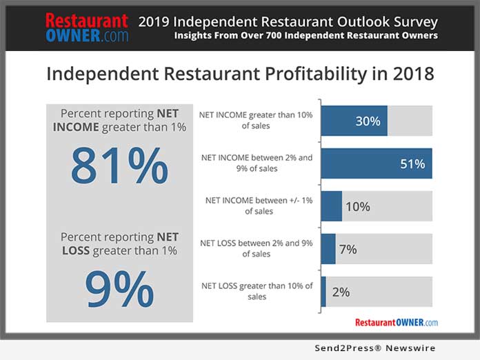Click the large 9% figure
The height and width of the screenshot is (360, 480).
[119, 288]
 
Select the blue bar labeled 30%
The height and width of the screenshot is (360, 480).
[354, 121]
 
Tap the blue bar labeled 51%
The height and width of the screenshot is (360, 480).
[376, 163]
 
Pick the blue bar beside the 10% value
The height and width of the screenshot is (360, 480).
[331, 206]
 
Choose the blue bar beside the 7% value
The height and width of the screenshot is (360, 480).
[328, 249]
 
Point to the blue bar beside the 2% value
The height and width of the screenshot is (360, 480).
[323, 292]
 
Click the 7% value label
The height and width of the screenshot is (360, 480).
[348, 249]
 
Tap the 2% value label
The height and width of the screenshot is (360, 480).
[341, 292]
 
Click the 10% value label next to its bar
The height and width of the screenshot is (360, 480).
[357, 206]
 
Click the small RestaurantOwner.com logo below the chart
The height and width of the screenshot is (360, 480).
[396, 322]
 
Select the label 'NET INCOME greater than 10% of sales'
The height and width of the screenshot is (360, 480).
[256, 121]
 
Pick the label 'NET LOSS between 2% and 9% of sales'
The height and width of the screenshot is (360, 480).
[256, 248]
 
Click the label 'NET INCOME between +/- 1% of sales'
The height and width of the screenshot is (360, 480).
[259, 206]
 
